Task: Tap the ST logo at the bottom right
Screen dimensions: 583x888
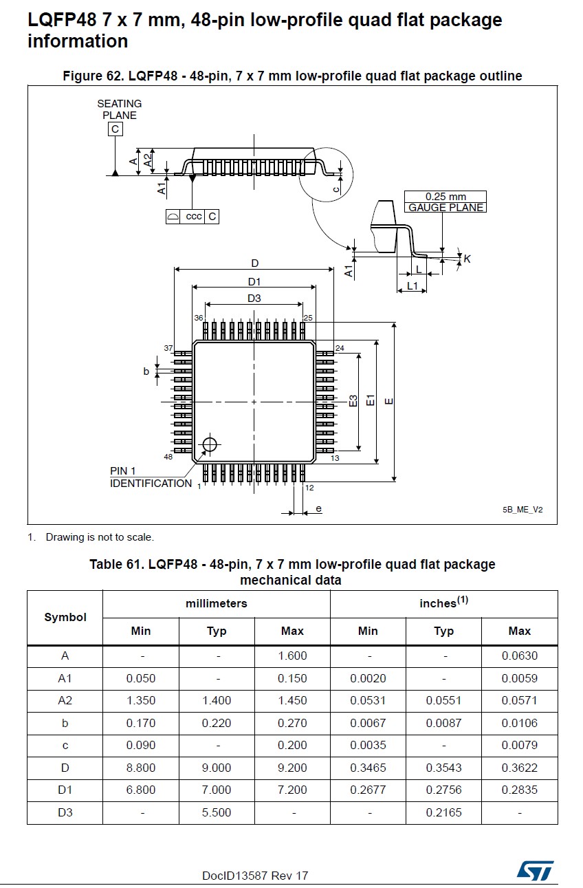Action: (536, 870)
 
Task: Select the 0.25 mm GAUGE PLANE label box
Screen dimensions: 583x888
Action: (445, 202)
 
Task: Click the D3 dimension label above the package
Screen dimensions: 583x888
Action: (254, 298)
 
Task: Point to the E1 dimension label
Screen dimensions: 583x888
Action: (370, 400)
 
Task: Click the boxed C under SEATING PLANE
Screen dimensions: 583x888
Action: (115, 129)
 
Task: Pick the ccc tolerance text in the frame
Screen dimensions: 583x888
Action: (193, 217)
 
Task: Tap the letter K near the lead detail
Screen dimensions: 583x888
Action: (467, 259)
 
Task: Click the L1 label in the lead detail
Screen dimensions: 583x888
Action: (412, 285)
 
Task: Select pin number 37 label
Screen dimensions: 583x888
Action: (168, 348)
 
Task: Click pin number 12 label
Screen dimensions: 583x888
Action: (309, 488)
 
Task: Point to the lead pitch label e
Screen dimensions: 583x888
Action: (318, 508)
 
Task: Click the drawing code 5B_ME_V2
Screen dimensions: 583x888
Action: (522, 510)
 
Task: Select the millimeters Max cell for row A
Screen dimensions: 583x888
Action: (292, 656)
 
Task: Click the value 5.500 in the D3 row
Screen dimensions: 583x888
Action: (217, 812)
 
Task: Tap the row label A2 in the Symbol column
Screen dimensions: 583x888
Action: (65, 700)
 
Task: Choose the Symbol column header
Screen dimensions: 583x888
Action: (65, 617)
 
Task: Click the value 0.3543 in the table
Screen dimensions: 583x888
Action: (443, 768)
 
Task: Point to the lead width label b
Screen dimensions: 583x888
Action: (146, 371)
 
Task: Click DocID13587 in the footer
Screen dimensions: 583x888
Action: (230, 876)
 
